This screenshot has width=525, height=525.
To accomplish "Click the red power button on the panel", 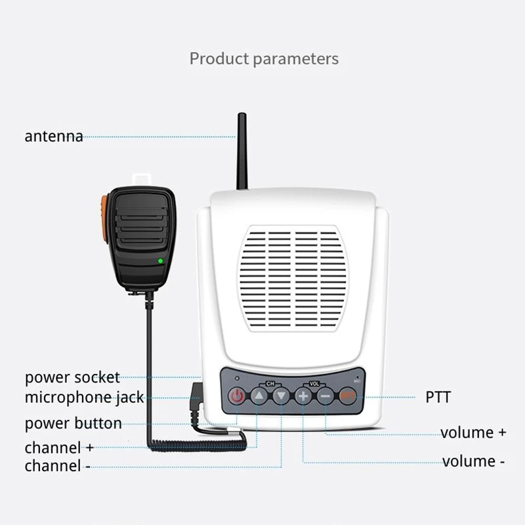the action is tap(237, 396).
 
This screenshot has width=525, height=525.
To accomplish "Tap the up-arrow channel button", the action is tap(260, 396).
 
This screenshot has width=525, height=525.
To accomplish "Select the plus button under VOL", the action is tap(303, 396).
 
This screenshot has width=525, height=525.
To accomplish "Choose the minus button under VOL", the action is tap(325, 396).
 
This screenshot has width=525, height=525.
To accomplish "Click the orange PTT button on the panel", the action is tap(348, 396).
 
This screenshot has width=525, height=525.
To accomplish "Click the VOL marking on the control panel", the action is tap(314, 382).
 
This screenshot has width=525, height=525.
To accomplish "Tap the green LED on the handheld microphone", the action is tap(160, 261).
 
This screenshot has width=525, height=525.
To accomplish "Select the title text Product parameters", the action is tap(264, 58).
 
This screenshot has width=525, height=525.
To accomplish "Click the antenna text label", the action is tap(54, 136).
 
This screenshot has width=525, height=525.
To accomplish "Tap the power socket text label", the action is tap(72, 377).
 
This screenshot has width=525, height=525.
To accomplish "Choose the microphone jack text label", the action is tap(84, 397).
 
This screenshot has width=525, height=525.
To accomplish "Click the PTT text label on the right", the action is tap(438, 396).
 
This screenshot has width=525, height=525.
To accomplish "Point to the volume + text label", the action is tap(473, 432).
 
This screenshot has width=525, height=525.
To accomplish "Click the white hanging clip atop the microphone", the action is tap(142, 178).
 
